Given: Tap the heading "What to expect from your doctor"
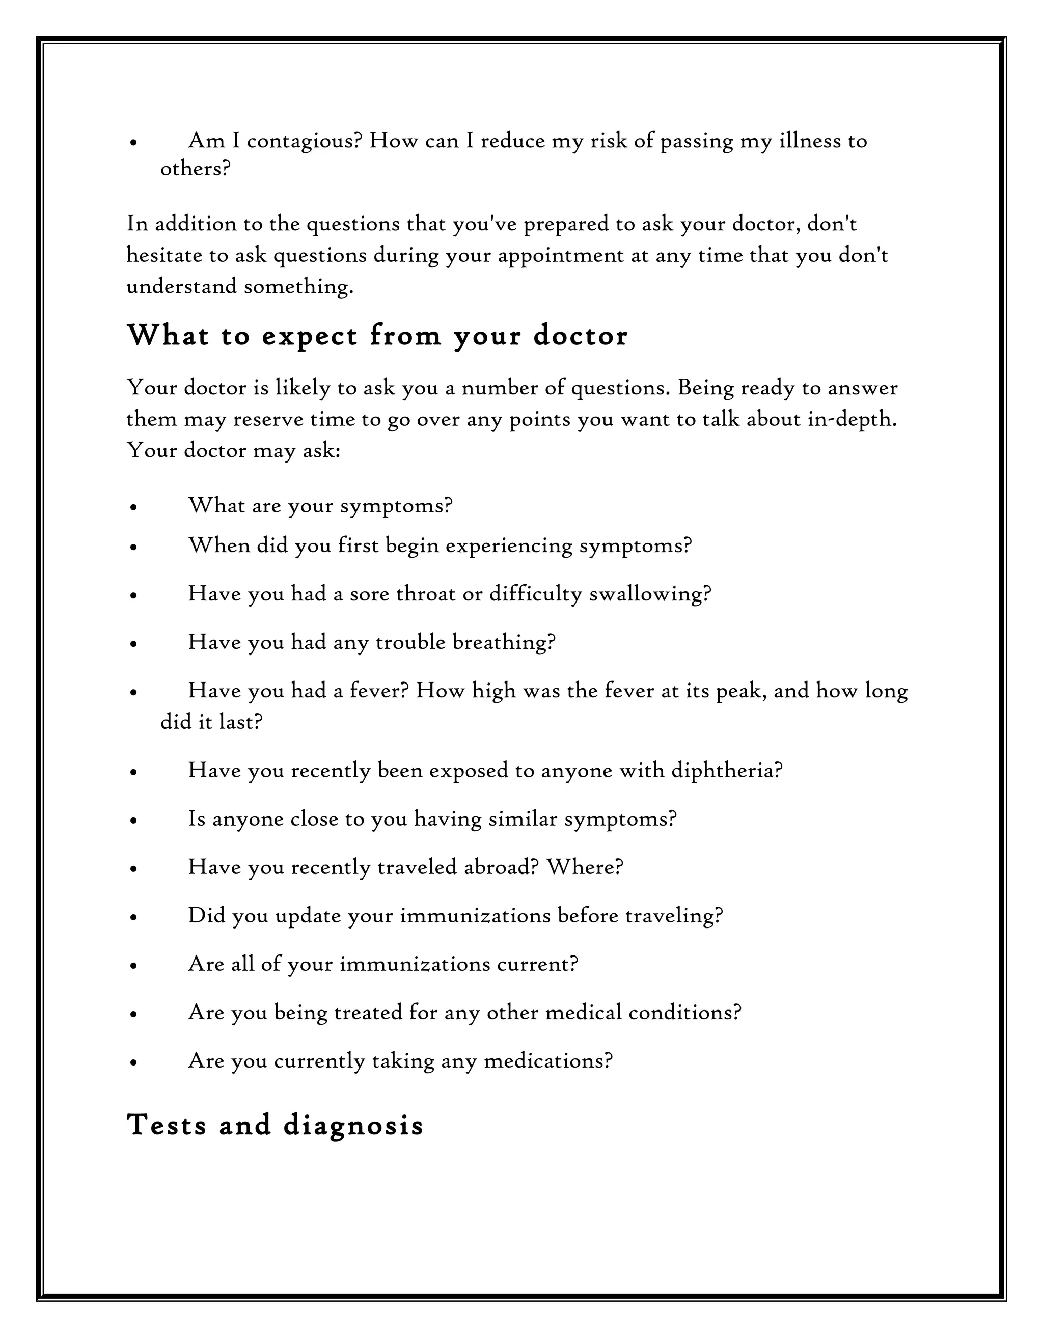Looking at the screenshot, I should click(x=377, y=336).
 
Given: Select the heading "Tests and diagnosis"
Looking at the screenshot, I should click(x=275, y=1125).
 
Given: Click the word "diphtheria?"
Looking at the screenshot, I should click(x=727, y=770).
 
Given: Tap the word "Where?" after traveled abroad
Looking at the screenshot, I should click(x=584, y=867).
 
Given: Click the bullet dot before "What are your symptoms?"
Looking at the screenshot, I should click(x=133, y=508).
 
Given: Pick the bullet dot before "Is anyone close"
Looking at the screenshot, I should click(x=133, y=821).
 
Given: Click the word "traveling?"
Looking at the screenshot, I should click(x=674, y=915).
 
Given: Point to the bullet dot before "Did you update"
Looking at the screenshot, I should click(x=133, y=918).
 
